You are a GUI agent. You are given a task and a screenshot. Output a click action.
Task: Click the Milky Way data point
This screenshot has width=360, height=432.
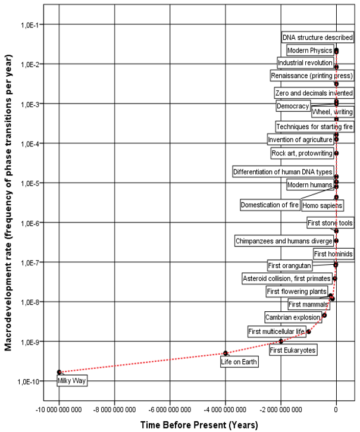click(59, 372)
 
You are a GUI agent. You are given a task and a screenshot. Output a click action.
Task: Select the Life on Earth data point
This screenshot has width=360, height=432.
click(226, 353)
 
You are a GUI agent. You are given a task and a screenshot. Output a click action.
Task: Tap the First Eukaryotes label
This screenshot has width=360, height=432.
click(293, 350)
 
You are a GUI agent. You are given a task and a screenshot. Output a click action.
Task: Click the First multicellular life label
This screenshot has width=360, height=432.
click(276, 331)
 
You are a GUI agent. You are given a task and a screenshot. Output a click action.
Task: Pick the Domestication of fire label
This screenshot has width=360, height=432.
click(270, 205)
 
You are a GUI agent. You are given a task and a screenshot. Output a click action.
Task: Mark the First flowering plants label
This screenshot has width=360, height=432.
click(295, 292)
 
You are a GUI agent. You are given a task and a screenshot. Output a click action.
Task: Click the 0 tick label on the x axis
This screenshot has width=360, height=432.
click(336, 409)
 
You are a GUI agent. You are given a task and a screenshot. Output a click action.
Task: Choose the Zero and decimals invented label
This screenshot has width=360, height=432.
click(314, 93)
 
